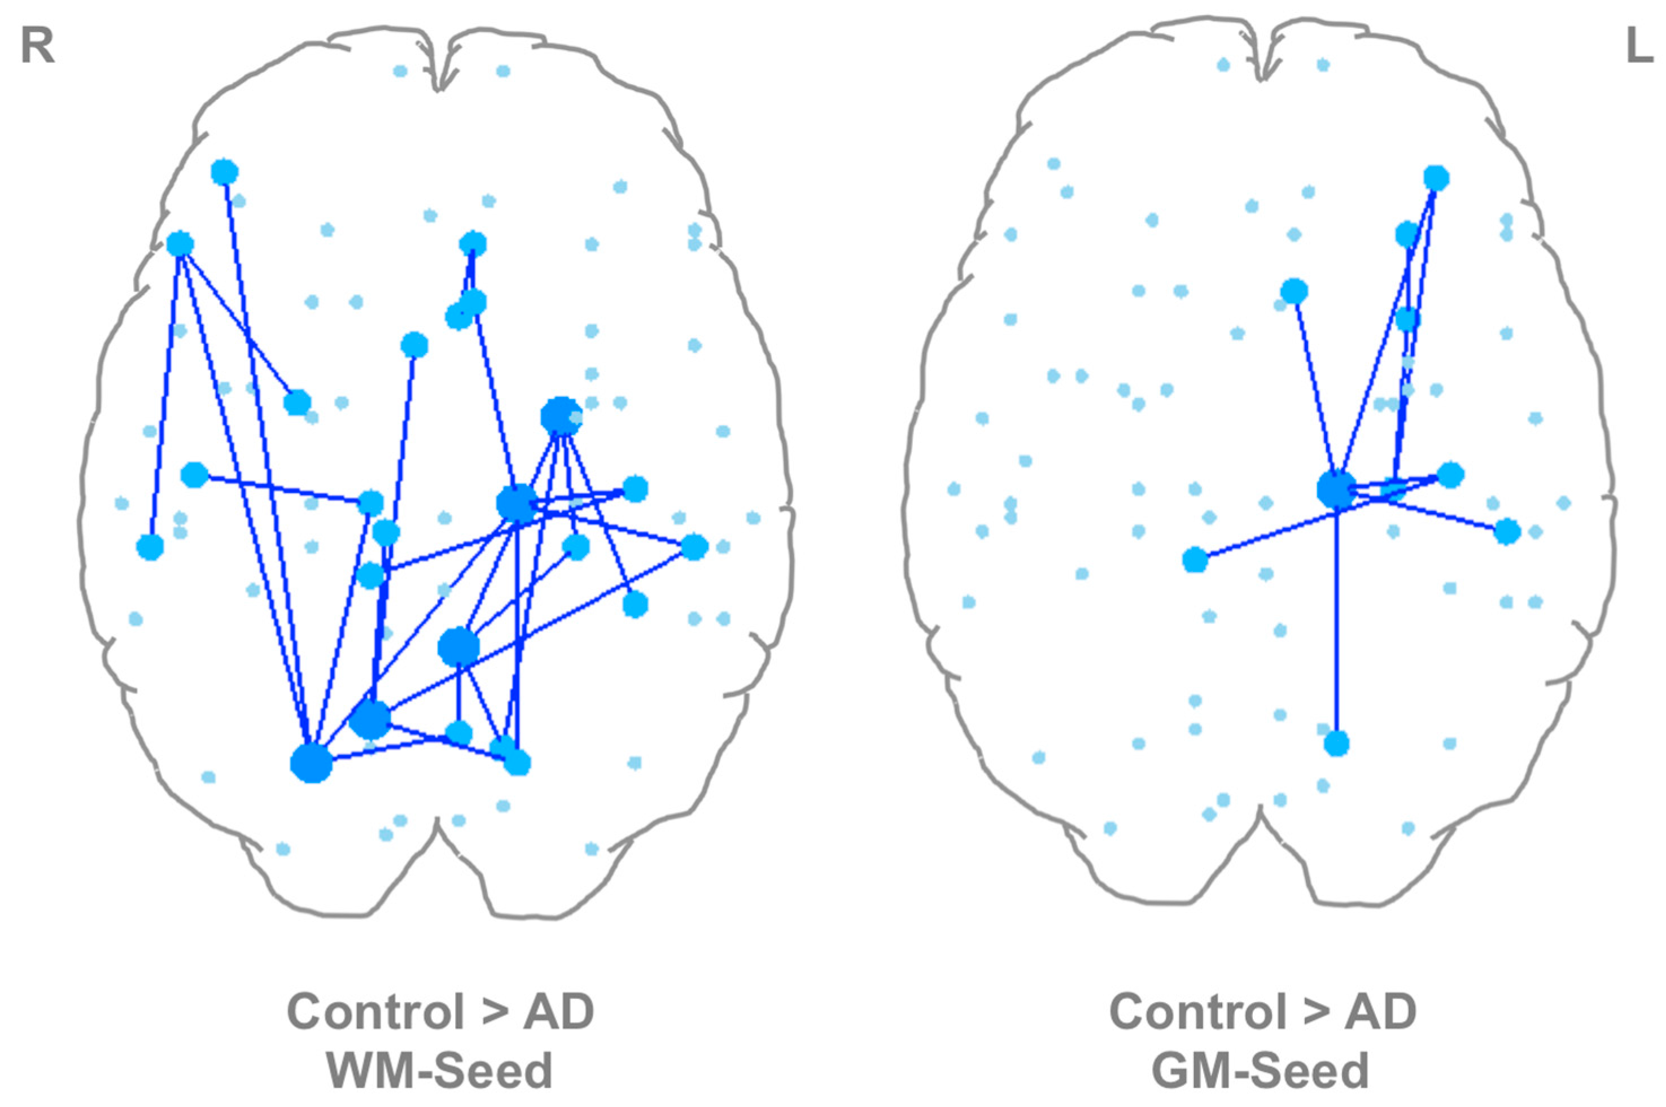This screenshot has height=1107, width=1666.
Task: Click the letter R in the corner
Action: pyautogui.click(x=37, y=48)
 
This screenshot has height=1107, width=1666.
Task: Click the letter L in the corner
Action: pyautogui.click(x=1639, y=48)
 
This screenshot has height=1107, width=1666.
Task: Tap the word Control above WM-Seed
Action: pyautogui.click(x=375, y=1012)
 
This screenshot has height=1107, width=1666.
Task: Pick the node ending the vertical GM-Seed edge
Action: pyautogui.click(x=1336, y=743)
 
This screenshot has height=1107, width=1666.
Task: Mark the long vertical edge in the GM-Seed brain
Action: pyautogui.click(x=1336, y=622)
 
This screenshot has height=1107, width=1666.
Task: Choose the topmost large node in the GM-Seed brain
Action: pyautogui.click(x=1436, y=178)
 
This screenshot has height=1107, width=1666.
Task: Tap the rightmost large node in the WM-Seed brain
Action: pyautogui.click(x=694, y=546)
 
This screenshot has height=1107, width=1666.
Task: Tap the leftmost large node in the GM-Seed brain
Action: pyautogui.click(x=1195, y=560)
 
